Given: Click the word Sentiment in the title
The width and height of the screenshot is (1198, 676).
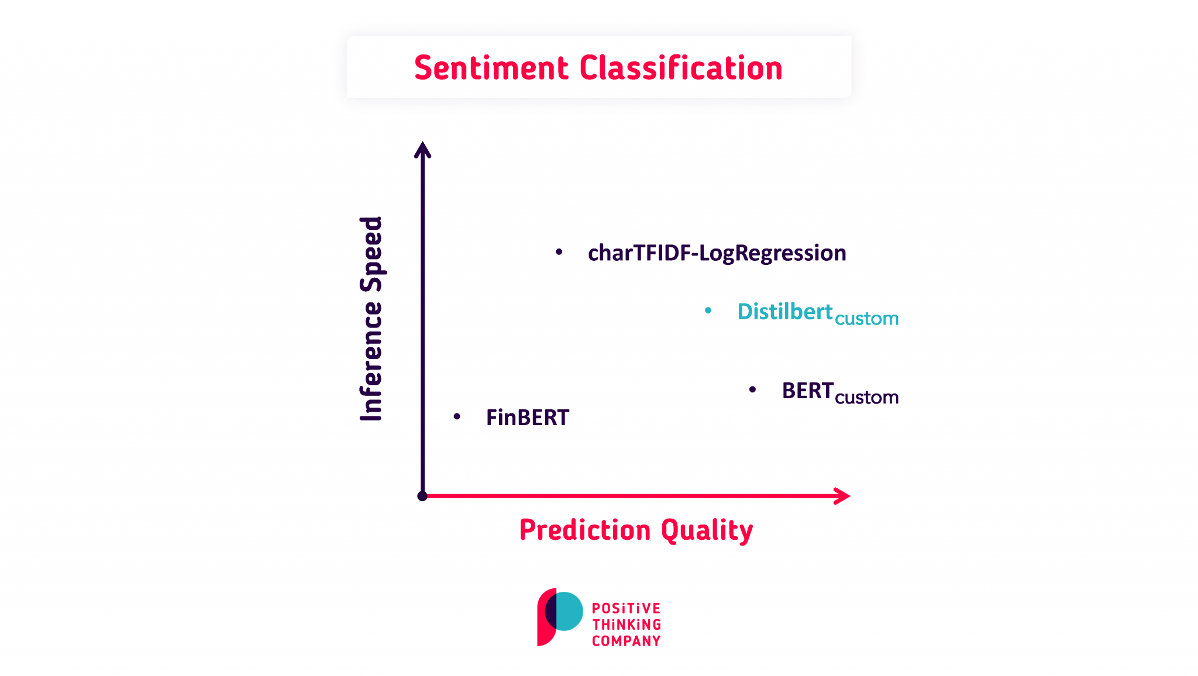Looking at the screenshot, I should coord(491,68).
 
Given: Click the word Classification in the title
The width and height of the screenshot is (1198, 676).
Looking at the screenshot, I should coord(681,68).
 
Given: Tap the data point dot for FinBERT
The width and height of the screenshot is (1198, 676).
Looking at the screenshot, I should coord(457,416).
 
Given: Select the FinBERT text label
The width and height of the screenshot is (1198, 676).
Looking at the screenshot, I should coord(527,418).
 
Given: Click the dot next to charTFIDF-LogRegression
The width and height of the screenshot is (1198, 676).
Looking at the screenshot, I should coord(559,252).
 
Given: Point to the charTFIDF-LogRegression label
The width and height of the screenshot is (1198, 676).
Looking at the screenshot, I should coord(717,253).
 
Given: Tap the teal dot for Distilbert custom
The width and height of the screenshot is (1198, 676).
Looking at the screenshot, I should coord(708,311).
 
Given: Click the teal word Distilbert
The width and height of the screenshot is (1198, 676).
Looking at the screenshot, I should coord(784,311).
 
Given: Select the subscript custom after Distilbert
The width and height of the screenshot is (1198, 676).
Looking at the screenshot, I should coord(866,319).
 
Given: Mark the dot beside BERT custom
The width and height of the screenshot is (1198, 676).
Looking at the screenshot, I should coord(753,389).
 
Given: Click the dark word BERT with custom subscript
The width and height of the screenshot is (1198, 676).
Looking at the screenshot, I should coord(807,391).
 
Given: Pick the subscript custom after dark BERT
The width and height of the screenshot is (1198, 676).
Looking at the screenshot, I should coord(866,398).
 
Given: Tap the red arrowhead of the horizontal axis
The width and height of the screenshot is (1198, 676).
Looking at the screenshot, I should coord(842,496).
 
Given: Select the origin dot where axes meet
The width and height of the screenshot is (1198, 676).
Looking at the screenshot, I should coord(422,496).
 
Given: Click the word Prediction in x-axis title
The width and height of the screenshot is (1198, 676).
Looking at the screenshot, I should coord(585,530).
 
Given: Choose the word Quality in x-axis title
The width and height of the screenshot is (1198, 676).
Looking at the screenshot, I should coord(707,530).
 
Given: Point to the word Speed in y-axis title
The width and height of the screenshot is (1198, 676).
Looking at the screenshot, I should coord(371,254).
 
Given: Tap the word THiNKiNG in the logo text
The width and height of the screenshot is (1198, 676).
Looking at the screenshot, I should coord(626,625).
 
